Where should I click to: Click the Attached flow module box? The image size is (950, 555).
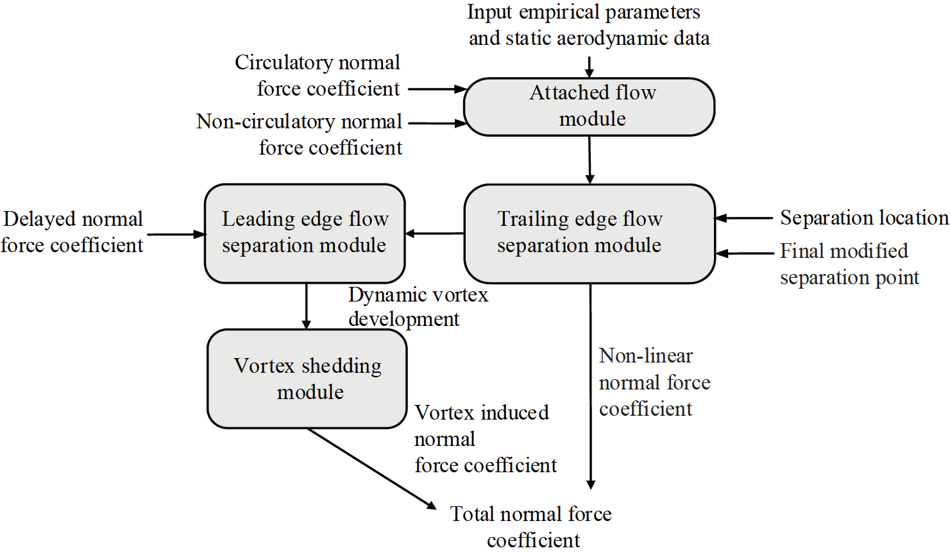pos(589,107)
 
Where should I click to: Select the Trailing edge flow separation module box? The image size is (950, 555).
pos(589,234)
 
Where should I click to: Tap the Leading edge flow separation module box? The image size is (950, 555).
pos(305,234)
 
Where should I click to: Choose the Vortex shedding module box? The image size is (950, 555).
pos(307,379)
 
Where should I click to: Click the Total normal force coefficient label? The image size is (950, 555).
pos(531,526)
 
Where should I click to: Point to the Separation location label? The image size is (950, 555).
pos(863,218)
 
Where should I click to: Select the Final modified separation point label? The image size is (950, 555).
pos(849,264)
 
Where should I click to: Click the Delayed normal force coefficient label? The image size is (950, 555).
pos(72,232)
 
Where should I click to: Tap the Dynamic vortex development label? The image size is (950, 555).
pos(418,307)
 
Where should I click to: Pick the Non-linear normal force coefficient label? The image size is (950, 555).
pos(654,382)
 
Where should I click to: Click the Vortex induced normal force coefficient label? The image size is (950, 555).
pos(485,439)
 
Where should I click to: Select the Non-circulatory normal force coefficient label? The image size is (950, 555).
pos(300,134)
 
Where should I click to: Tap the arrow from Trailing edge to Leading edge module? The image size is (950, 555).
pos(434,234)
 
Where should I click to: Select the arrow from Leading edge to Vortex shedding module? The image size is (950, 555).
pos(307,306)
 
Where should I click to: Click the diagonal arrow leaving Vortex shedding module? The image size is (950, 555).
pos(372,469)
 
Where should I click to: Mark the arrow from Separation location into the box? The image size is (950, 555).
pos(744,218)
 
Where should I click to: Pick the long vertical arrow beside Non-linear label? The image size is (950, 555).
pos(591,385)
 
